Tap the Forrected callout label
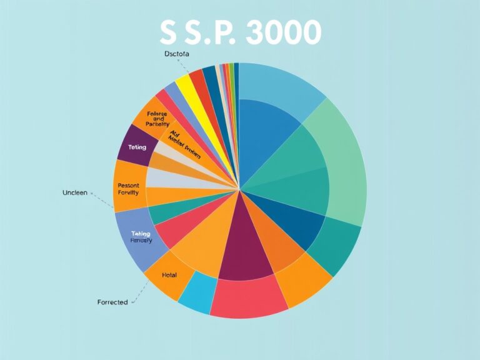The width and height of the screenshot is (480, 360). (112, 302)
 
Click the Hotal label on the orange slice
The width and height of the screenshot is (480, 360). (169, 274)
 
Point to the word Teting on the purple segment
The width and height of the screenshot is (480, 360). (137, 147)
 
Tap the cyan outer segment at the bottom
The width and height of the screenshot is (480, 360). (197, 292)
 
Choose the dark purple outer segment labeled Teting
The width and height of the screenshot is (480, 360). (132, 145)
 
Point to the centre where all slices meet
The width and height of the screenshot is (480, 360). (239, 188)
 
